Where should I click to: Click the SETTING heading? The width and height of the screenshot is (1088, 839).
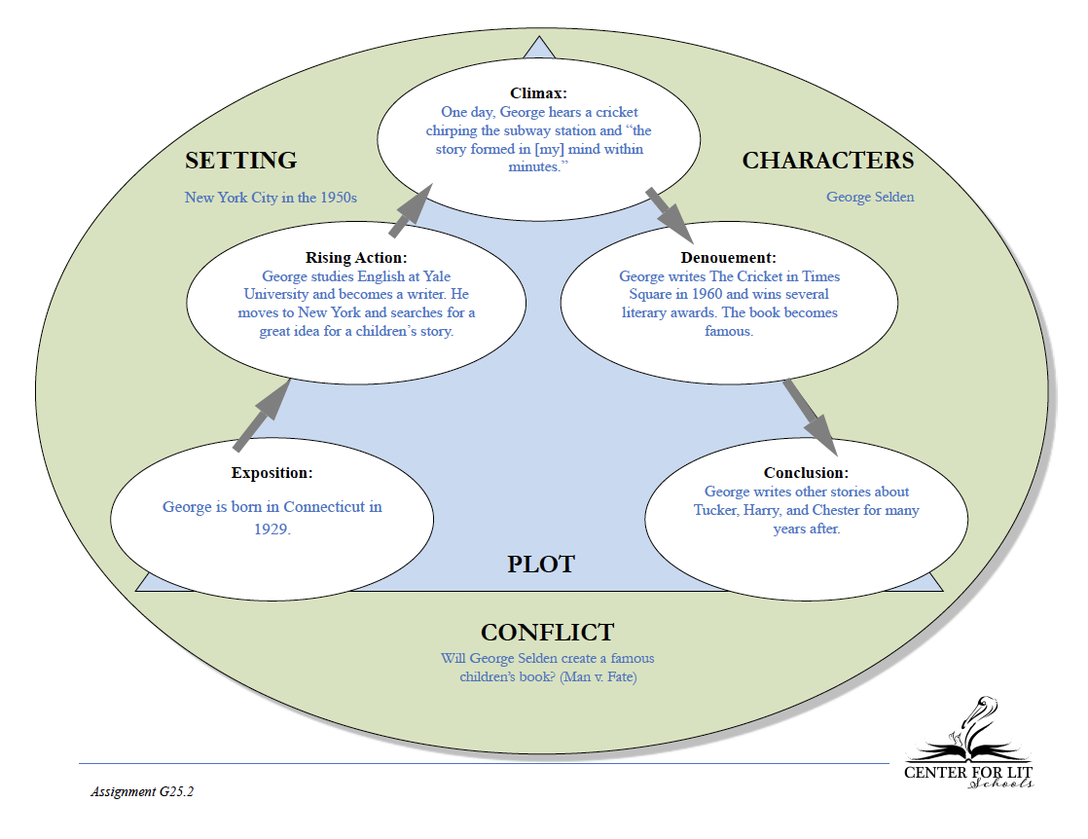click(240, 161)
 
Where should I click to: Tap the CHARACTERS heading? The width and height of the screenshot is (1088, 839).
click(828, 161)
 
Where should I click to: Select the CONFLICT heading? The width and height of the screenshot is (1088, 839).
click(548, 633)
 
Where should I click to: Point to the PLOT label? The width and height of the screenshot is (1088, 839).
click(541, 565)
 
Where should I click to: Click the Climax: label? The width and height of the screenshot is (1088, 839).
click(538, 93)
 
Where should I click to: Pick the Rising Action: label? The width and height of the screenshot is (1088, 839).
click(356, 258)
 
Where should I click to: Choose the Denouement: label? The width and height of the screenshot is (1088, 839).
click(729, 258)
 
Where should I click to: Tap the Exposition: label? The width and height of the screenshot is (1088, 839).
click(272, 473)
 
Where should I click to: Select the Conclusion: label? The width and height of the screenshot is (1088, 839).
click(807, 473)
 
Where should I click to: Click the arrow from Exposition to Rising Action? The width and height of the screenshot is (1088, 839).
click(262, 415)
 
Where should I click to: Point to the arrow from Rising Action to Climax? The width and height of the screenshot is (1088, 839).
click(411, 210)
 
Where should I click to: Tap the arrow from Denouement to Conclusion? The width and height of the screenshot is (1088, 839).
click(811, 418)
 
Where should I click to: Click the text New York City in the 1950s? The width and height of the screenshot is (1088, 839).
click(271, 198)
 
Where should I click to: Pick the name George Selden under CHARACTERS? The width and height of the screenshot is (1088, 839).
click(870, 197)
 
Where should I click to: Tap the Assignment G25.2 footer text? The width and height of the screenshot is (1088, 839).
click(142, 792)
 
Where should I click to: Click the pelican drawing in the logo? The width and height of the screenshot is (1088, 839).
click(971, 729)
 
